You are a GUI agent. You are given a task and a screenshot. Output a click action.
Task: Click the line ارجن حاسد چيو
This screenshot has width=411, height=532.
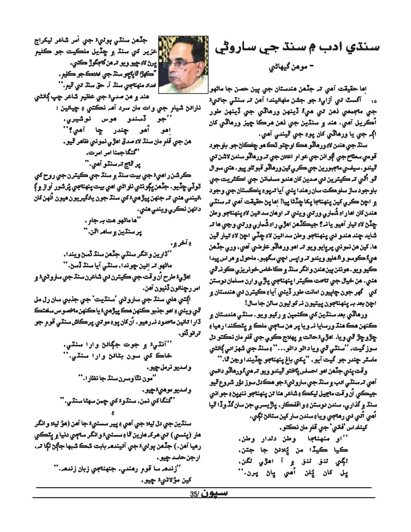coord(164,454)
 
